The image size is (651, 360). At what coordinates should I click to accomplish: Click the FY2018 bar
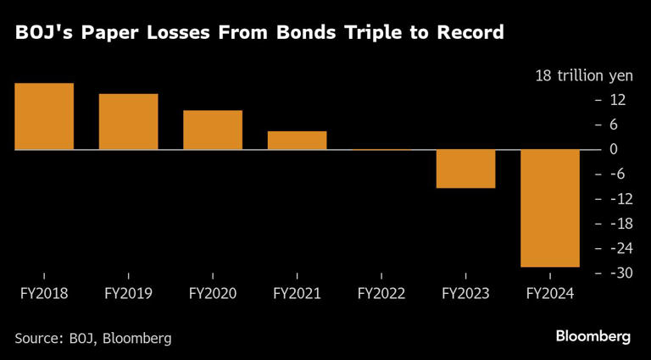click(43, 116)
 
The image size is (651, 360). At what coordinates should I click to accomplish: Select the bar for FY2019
click(128, 121)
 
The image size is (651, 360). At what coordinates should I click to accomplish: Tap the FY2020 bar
click(212, 130)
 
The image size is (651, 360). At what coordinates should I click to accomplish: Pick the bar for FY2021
click(297, 140)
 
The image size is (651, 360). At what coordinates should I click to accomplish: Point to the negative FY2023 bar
click(465, 169)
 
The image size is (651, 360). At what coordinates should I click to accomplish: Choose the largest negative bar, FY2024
click(549, 208)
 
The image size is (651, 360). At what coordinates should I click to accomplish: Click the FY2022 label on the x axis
click(381, 294)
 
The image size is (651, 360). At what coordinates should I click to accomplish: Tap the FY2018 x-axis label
click(43, 294)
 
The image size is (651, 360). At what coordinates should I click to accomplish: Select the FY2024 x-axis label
click(549, 294)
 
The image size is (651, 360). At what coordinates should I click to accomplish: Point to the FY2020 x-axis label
click(212, 294)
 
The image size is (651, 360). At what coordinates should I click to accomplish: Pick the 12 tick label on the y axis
click(617, 100)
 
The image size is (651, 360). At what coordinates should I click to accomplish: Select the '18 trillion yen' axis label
click(584, 75)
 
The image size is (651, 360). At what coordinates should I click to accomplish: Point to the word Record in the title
click(470, 34)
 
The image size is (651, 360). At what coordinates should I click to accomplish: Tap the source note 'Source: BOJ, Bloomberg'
click(93, 338)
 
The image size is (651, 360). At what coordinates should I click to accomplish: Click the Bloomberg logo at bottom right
click(593, 336)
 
